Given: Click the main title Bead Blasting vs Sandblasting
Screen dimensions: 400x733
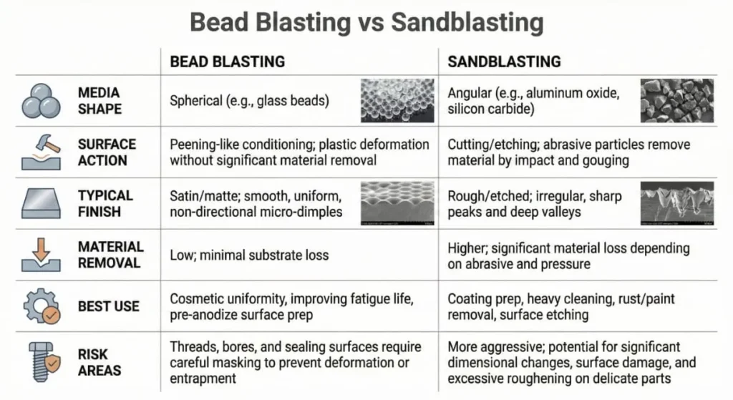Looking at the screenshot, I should pyautogui.click(x=366, y=23).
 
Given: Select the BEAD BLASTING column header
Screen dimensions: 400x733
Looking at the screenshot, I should pyautogui.click(x=227, y=62).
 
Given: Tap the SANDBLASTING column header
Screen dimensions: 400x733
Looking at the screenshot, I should pyautogui.click(x=504, y=62).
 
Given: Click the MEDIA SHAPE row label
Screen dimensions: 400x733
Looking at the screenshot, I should pyautogui.click(x=99, y=101).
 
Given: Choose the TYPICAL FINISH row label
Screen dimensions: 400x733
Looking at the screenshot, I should pyautogui.click(x=105, y=203).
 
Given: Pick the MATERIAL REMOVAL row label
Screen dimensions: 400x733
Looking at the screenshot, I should pyautogui.click(x=110, y=255).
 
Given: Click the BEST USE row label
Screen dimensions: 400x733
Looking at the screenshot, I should pyautogui.click(x=109, y=306).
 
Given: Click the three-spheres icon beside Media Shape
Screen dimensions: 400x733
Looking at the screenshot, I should pyautogui.click(x=41, y=101).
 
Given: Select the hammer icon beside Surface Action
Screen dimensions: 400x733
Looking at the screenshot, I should pyautogui.click(x=41, y=152).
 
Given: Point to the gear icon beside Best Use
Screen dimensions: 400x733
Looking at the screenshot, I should pyautogui.click(x=41, y=306).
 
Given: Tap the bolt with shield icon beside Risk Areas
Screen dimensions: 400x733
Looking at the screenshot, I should pyautogui.click(x=41, y=362).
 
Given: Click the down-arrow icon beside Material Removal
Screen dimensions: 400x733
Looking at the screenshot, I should pyautogui.click(x=41, y=255).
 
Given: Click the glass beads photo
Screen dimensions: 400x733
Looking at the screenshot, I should pyautogui.click(x=397, y=100).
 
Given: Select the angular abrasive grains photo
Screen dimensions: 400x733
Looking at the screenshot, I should pyautogui.click(x=676, y=100).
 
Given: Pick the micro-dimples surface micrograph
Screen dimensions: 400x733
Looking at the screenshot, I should pyautogui.click(x=397, y=203).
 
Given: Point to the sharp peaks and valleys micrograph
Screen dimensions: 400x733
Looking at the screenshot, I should pyautogui.click(x=676, y=203).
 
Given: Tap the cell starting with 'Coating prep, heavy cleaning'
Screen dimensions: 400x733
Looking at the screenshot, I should pyautogui.click(x=561, y=306).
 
